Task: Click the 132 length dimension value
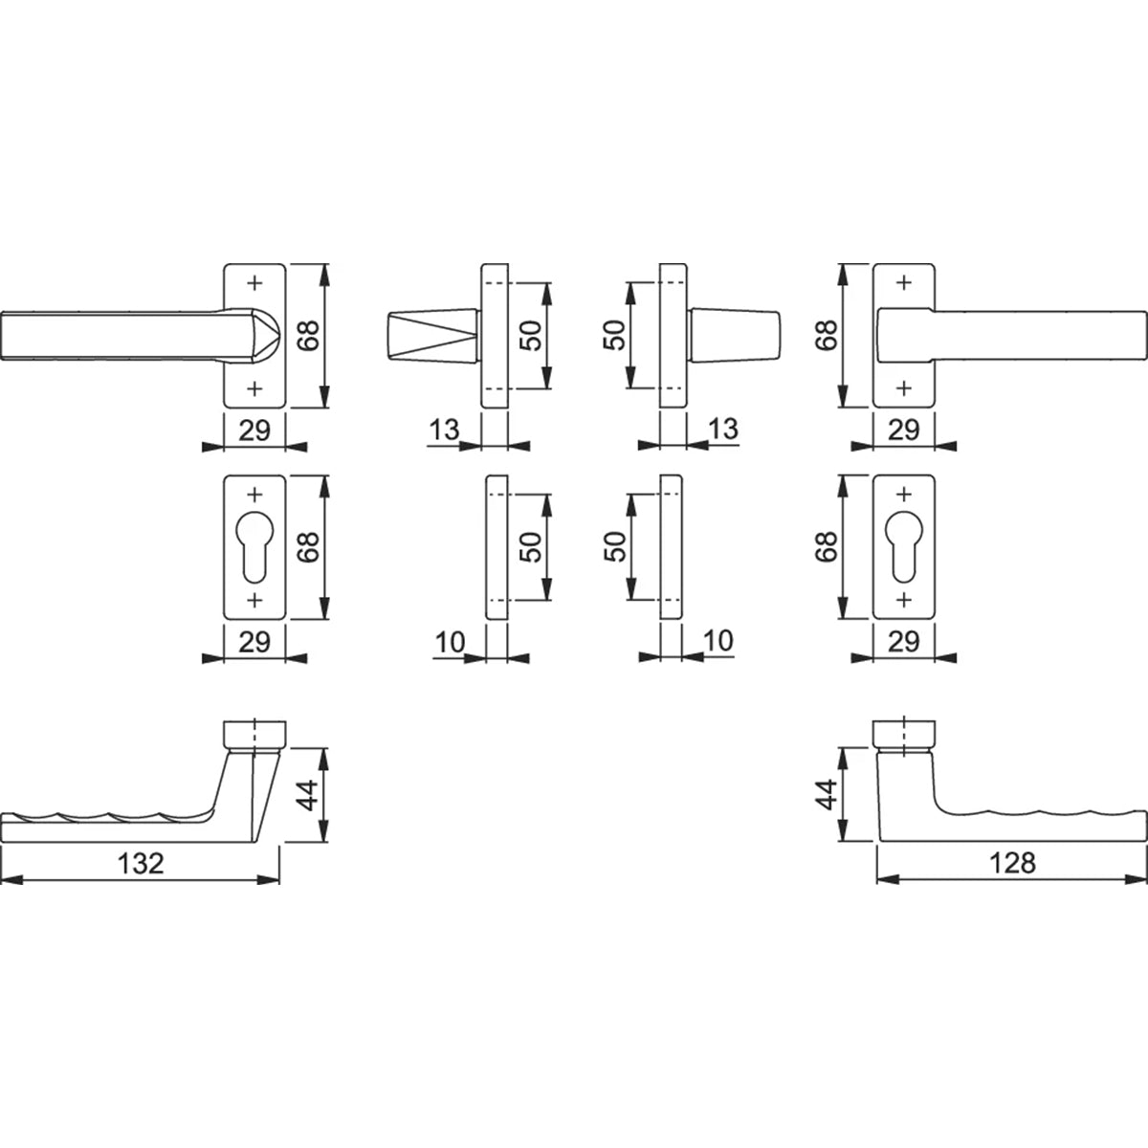click(x=141, y=863)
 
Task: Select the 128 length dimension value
click(x=1014, y=863)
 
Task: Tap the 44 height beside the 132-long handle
click(x=308, y=794)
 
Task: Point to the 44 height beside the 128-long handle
click(x=827, y=794)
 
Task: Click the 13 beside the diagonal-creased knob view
click(x=445, y=430)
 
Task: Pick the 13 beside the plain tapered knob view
click(x=724, y=430)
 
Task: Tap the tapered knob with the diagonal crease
click(x=430, y=335)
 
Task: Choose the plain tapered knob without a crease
click(x=735, y=335)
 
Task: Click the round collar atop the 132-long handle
click(x=254, y=733)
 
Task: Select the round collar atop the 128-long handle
click(x=904, y=733)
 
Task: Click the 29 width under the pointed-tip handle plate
click(x=254, y=430)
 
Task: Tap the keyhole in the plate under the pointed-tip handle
click(x=254, y=543)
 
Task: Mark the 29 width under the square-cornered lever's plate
click(x=904, y=430)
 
